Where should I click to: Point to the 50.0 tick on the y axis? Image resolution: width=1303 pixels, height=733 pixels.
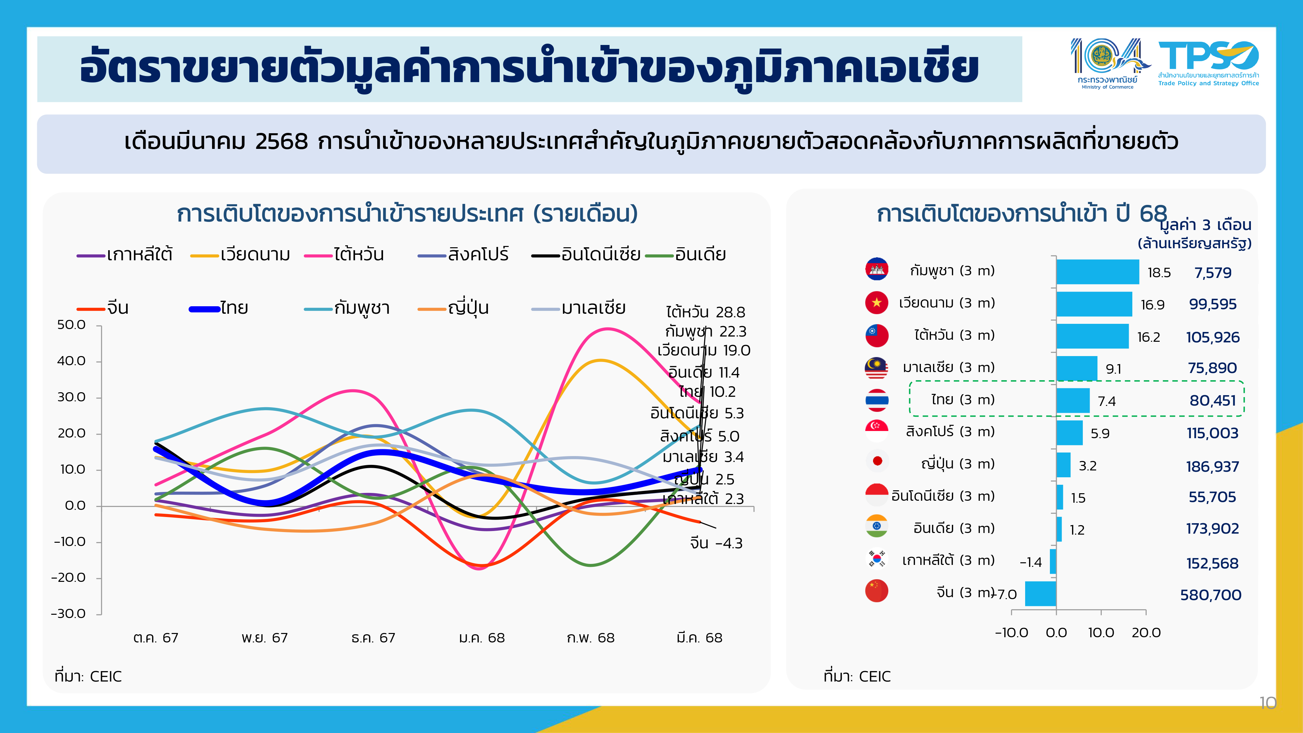coord(71,325)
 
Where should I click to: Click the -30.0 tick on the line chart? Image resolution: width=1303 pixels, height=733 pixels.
coord(68,614)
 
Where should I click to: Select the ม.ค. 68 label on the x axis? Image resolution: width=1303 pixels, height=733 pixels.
coord(481,638)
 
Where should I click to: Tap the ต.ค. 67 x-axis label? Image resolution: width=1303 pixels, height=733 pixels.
coord(156,638)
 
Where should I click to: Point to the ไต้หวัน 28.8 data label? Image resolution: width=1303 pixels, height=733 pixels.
coord(706,312)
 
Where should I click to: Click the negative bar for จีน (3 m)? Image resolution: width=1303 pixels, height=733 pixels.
coord(1040,593)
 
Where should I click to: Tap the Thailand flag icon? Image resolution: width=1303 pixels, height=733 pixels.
coord(877,400)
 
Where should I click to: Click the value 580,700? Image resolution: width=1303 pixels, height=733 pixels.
coord(1210,595)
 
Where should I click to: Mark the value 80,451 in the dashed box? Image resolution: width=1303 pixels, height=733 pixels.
coord(1212,401)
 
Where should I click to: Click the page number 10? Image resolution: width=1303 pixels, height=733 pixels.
coord(1267,703)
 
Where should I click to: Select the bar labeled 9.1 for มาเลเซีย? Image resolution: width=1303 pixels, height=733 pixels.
coord(1076,368)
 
